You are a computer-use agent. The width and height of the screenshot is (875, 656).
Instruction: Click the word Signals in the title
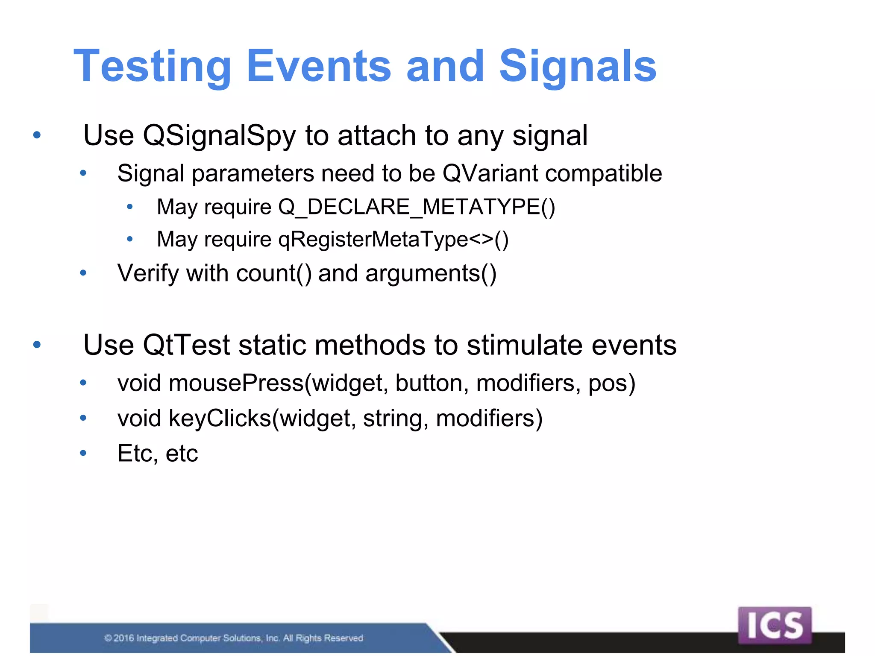pos(577,66)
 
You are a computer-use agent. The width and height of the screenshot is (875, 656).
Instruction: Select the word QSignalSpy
pos(219,136)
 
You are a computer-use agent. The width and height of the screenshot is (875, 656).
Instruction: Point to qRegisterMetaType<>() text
pos(393,239)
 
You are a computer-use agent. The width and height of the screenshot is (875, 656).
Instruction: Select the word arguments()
pos(431,273)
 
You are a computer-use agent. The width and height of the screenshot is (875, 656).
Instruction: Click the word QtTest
pos(186,345)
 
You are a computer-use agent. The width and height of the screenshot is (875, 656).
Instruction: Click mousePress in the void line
pos(236,383)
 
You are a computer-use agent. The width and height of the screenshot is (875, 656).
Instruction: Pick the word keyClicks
pos(220,418)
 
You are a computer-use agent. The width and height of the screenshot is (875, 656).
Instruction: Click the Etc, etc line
pos(158,454)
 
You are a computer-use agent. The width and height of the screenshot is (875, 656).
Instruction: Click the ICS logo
pos(774,625)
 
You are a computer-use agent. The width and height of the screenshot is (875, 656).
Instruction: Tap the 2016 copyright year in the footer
pos(124,638)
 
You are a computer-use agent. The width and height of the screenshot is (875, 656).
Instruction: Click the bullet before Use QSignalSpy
pos(37,135)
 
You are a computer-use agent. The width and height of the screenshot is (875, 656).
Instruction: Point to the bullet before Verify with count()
pos(83,273)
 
